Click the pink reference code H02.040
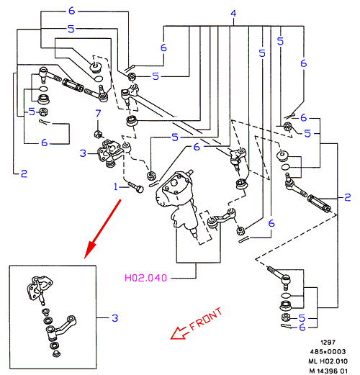click(145, 278)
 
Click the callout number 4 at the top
click(233, 13)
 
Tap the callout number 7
click(98, 113)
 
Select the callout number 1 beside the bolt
click(116, 186)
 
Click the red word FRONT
click(205, 319)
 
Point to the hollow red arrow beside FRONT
click(179, 333)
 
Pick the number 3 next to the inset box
click(115, 318)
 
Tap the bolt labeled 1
click(136, 187)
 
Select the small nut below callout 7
click(98, 134)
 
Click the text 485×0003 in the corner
click(328, 352)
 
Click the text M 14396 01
click(328, 371)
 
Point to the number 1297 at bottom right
click(328, 342)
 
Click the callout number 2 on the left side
click(24, 173)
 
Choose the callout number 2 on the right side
click(348, 197)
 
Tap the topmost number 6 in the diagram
click(71, 11)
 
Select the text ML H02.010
click(328, 361)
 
